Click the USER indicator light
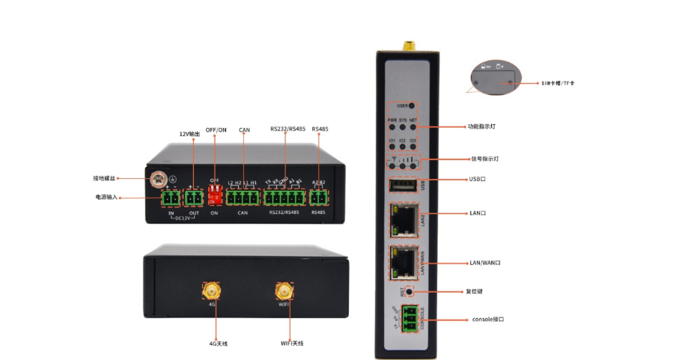[412, 106]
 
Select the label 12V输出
[189, 134]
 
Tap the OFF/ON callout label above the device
[216, 129]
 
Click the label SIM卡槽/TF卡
[558, 82]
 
